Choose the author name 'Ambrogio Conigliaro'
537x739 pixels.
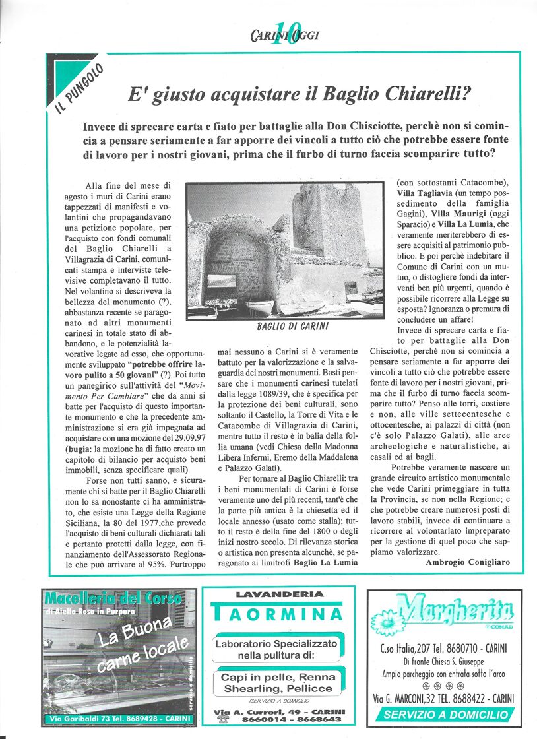465,562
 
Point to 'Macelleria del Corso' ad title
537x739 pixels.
113,599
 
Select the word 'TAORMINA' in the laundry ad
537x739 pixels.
278,615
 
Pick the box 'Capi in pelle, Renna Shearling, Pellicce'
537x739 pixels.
277,682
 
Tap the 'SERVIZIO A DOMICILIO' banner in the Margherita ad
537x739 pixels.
446,715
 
